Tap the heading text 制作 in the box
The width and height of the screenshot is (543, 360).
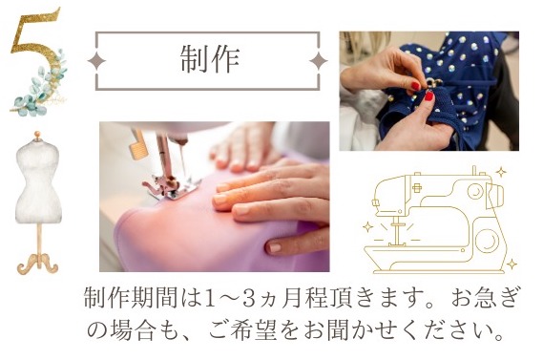(210, 59)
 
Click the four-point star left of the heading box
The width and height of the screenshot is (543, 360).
(96, 61)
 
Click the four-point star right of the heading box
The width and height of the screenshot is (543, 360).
(318, 61)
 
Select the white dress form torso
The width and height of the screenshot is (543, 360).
(38, 181)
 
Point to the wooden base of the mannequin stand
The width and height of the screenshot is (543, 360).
(38, 264)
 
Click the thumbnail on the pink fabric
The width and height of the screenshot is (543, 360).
(274, 247)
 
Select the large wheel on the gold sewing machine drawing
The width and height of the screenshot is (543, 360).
(488, 240)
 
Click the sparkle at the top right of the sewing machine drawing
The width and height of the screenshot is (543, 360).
(501, 172)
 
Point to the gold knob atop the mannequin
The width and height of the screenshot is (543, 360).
(37, 135)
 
